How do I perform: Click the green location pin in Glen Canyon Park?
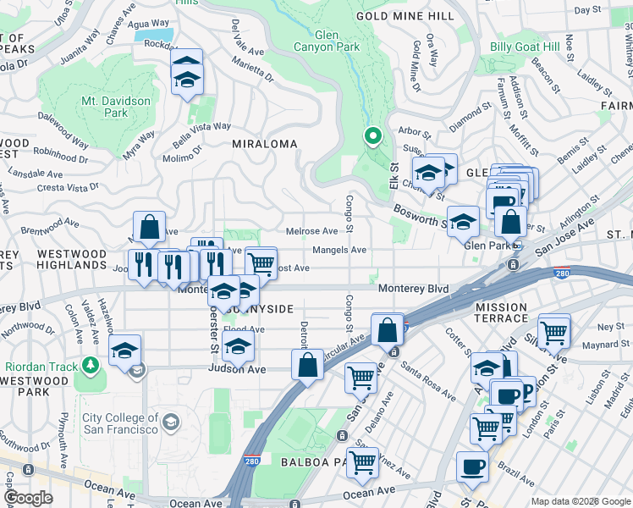pos(372,136)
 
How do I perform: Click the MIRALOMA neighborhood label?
pos(265,145)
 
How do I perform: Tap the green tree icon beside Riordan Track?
pos(91,365)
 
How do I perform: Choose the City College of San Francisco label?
pos(120,423)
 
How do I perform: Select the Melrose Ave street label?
pos(312,231)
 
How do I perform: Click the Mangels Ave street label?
pos(339,250)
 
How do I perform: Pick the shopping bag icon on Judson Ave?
pos(308,365)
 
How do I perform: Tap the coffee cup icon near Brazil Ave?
pos(472,465)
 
